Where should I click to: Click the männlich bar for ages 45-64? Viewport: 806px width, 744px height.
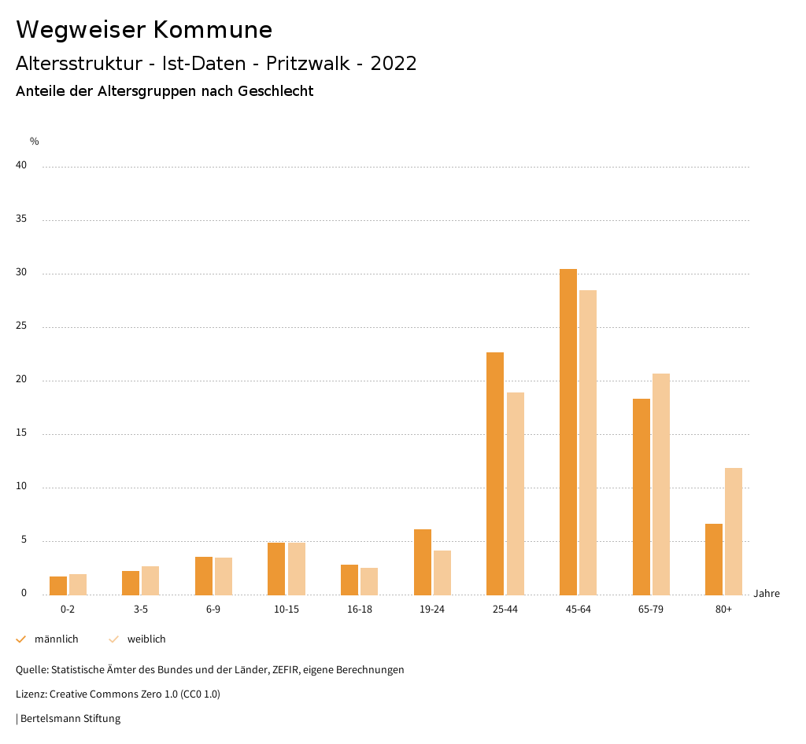coord(568,432)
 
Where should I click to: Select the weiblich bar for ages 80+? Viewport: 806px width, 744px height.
coord(734,531)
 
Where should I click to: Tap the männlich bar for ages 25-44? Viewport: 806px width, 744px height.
coord(495,473)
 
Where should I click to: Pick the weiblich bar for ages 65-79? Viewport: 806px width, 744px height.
coord(661,484)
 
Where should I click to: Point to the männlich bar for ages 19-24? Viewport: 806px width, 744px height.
coord(423,562)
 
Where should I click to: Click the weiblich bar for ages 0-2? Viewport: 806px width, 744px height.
coord(78,584)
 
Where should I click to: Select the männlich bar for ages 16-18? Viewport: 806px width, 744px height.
coord(349,580)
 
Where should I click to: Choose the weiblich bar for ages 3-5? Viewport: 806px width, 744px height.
coord(150,580)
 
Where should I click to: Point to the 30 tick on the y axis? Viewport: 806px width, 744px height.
coord(21,273)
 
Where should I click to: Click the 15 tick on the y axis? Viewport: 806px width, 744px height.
coord(21,433)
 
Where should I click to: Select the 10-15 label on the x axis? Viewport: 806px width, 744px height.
coord(287,610)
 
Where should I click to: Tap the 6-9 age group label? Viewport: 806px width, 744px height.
coord(213,610)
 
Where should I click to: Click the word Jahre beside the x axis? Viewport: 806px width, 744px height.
coord(766,594)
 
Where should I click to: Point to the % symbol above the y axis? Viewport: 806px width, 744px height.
coord(35,142)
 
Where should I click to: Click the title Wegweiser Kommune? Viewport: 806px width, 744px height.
coord(144,30)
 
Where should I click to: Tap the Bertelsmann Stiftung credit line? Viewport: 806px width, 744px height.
coord(68,718)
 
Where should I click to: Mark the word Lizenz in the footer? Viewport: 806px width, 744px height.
coord(31,694)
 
